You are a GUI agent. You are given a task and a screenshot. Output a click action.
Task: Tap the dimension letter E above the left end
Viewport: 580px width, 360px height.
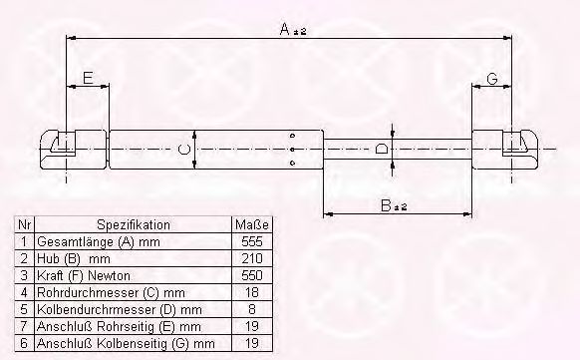88,79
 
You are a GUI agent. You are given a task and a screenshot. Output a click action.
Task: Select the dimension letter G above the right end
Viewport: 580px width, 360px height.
492,79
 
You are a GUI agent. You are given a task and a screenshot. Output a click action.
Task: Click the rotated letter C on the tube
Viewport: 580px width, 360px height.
183,150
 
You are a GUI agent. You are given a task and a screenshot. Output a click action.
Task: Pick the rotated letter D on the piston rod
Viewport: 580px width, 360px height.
382,150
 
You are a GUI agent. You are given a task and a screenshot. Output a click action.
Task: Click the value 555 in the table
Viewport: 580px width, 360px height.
251,241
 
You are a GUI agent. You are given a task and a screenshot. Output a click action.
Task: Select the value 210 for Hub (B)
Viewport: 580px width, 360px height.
251,258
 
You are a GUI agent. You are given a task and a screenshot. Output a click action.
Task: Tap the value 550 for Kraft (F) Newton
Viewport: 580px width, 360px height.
251,275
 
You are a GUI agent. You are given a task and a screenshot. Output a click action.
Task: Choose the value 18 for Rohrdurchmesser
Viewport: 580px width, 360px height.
251,292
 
